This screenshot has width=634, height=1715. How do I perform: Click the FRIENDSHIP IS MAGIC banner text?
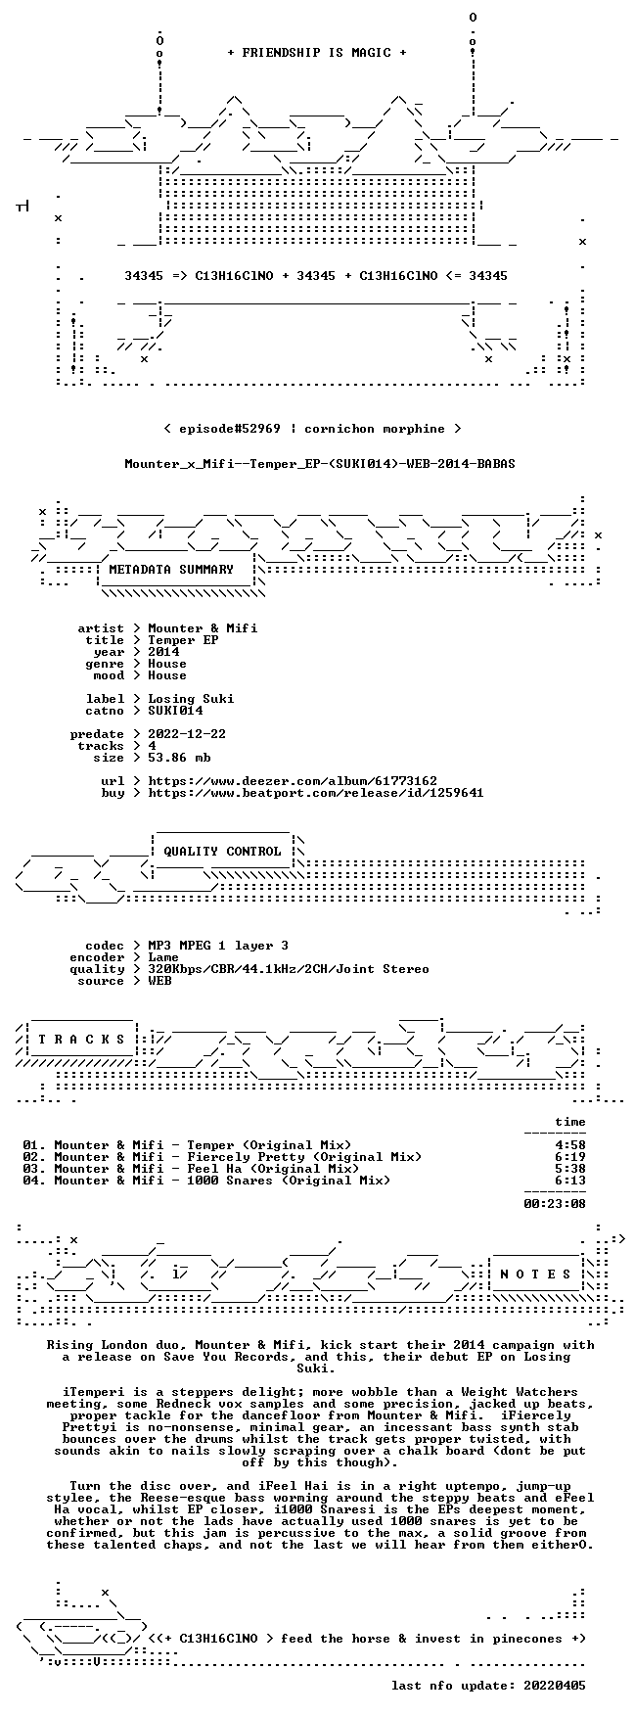tap(316, 53)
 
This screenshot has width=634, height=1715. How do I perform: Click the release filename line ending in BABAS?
tap(320, 464)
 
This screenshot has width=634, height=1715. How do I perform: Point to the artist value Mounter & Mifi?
tap(203, 628)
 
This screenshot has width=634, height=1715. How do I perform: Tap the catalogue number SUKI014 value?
tap(175, 711)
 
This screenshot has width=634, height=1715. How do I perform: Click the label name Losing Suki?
tap(191, 699)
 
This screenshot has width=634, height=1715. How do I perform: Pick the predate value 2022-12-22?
tap(187, 734)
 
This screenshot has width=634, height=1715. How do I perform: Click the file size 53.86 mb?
tap(179, 758)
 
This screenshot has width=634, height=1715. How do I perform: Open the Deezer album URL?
tap(293, 781)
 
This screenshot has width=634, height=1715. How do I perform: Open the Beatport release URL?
tap(316, 793)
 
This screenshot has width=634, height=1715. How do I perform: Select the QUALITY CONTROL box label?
tap(222, 852)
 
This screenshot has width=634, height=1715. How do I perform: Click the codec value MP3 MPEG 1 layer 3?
tap(218, 946)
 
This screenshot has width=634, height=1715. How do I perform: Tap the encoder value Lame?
tap(163, 957)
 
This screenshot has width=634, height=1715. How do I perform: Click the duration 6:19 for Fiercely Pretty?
tap(570, 1157)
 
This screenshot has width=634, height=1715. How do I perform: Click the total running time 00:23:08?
tap(555, 1204)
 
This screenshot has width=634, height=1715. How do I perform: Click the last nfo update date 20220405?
tap(555, 1686)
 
